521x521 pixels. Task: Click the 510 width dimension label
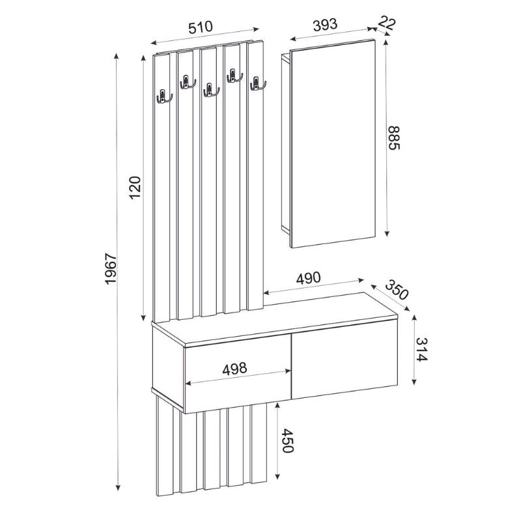coord(201,27)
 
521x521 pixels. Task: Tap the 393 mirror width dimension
coord(324,25)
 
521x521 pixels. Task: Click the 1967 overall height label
coord(111,268)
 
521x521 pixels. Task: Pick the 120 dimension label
coord(135,188)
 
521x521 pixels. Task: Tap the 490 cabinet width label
coord(309,277)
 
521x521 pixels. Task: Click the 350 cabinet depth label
coord(397,290)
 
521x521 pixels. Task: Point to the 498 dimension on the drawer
coord(234,368)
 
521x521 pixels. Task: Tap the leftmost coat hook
coord(163,96)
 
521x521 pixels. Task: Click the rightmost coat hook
coord(257,83)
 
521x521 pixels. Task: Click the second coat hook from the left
coord(186,82)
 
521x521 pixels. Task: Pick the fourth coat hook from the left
coord(234,76)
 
